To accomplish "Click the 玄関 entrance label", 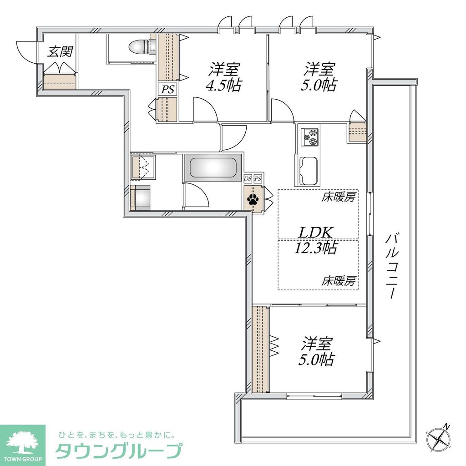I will click(x=60, y=52).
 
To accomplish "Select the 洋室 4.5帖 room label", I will click(x=225, y=77).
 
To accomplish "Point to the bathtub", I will click(x=213, y=168).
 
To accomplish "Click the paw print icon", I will click(x=253, y=199).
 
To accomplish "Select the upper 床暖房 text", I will click(x=339, y=198).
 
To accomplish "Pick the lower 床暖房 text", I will click(x=339, y=280).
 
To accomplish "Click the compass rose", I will click(x=439, y=439).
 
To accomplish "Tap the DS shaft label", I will click(x=248, y=178).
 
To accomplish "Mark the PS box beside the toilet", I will click(x=167, y=89).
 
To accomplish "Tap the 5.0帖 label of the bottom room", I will click(x=316, y=360).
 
